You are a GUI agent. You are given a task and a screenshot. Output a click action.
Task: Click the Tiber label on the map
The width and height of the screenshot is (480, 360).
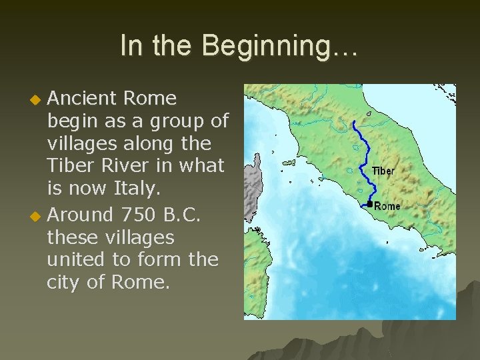[383, 171]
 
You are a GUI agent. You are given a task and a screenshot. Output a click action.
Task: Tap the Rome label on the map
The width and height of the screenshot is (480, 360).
[387, 206]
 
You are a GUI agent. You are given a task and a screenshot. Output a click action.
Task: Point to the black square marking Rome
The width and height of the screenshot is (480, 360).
[370, 203]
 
